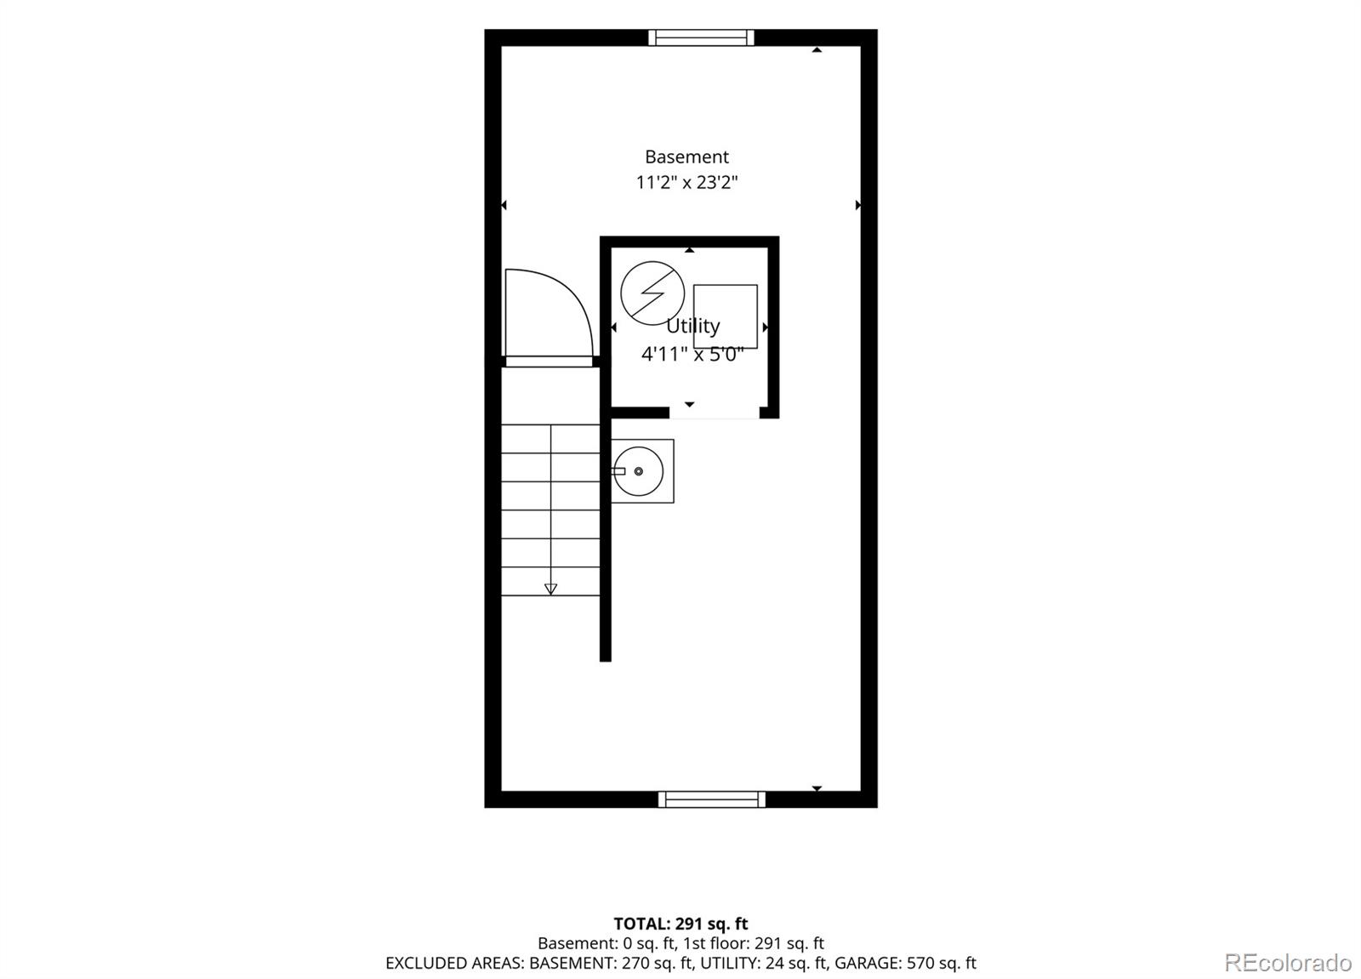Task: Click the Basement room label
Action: point(686,157)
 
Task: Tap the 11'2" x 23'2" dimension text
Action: point(686,182)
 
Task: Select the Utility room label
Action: point(692,327)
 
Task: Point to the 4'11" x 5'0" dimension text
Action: point(692,354)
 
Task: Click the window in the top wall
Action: point(701,37)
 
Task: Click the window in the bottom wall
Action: point(711,800)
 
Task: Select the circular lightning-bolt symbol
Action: point(652,293)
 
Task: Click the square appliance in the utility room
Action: point(726,316)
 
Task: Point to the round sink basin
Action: point(638,471)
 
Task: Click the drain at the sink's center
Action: point(638,471)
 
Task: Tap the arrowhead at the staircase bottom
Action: point(550,589)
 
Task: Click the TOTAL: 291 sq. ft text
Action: point(680,924)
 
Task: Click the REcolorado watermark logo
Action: point(1288,963)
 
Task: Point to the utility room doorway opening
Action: point(715,413)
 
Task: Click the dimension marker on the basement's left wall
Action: point(504,205)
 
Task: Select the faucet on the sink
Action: point(618,471)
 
